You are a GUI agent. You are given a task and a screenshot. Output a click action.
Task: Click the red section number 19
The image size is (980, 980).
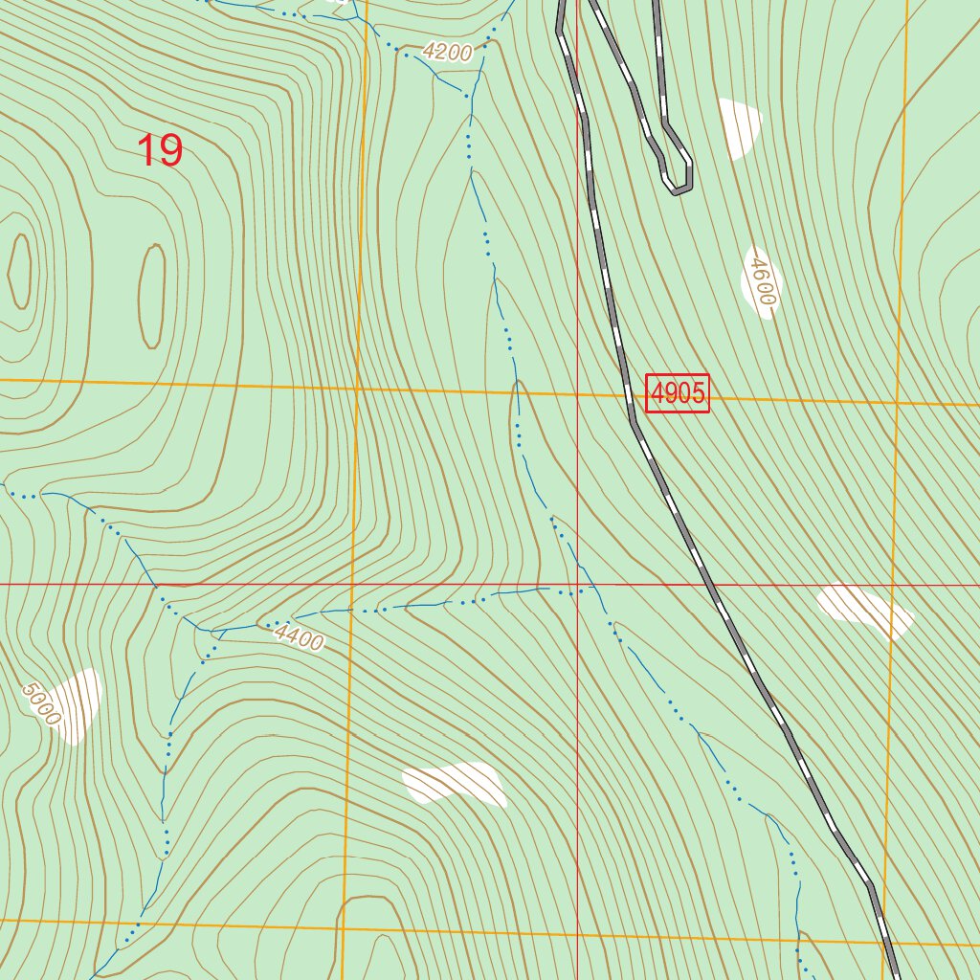[x=160, y=151]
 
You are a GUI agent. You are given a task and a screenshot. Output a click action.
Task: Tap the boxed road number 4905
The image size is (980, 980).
[x=678, y=393]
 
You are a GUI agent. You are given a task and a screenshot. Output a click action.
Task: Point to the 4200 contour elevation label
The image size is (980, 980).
[x=447, y=53]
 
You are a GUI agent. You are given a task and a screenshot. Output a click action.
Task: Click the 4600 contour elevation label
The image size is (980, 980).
[x=761, y=281]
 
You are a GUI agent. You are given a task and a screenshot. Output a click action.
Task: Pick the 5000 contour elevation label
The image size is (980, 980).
[x=43, y=703]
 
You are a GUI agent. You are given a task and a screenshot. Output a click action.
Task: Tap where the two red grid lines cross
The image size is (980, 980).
[x=577, y=584]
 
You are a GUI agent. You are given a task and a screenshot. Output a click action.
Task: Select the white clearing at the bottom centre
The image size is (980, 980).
[x=456, y=784]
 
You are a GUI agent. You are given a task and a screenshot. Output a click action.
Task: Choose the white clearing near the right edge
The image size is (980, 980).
[x=864, y=609]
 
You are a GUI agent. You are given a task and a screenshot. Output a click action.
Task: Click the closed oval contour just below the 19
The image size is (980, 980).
[x=152, y=296]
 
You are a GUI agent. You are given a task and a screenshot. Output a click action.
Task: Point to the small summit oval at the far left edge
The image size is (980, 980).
[x=19, y=271]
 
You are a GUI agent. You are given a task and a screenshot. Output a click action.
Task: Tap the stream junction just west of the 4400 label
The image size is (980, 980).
[x=222, y=632]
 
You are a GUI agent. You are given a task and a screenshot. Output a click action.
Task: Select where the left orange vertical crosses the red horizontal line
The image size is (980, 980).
[x=351, y=584]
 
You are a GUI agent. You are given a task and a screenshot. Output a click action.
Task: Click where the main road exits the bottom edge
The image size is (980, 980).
[x=895, y=976]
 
